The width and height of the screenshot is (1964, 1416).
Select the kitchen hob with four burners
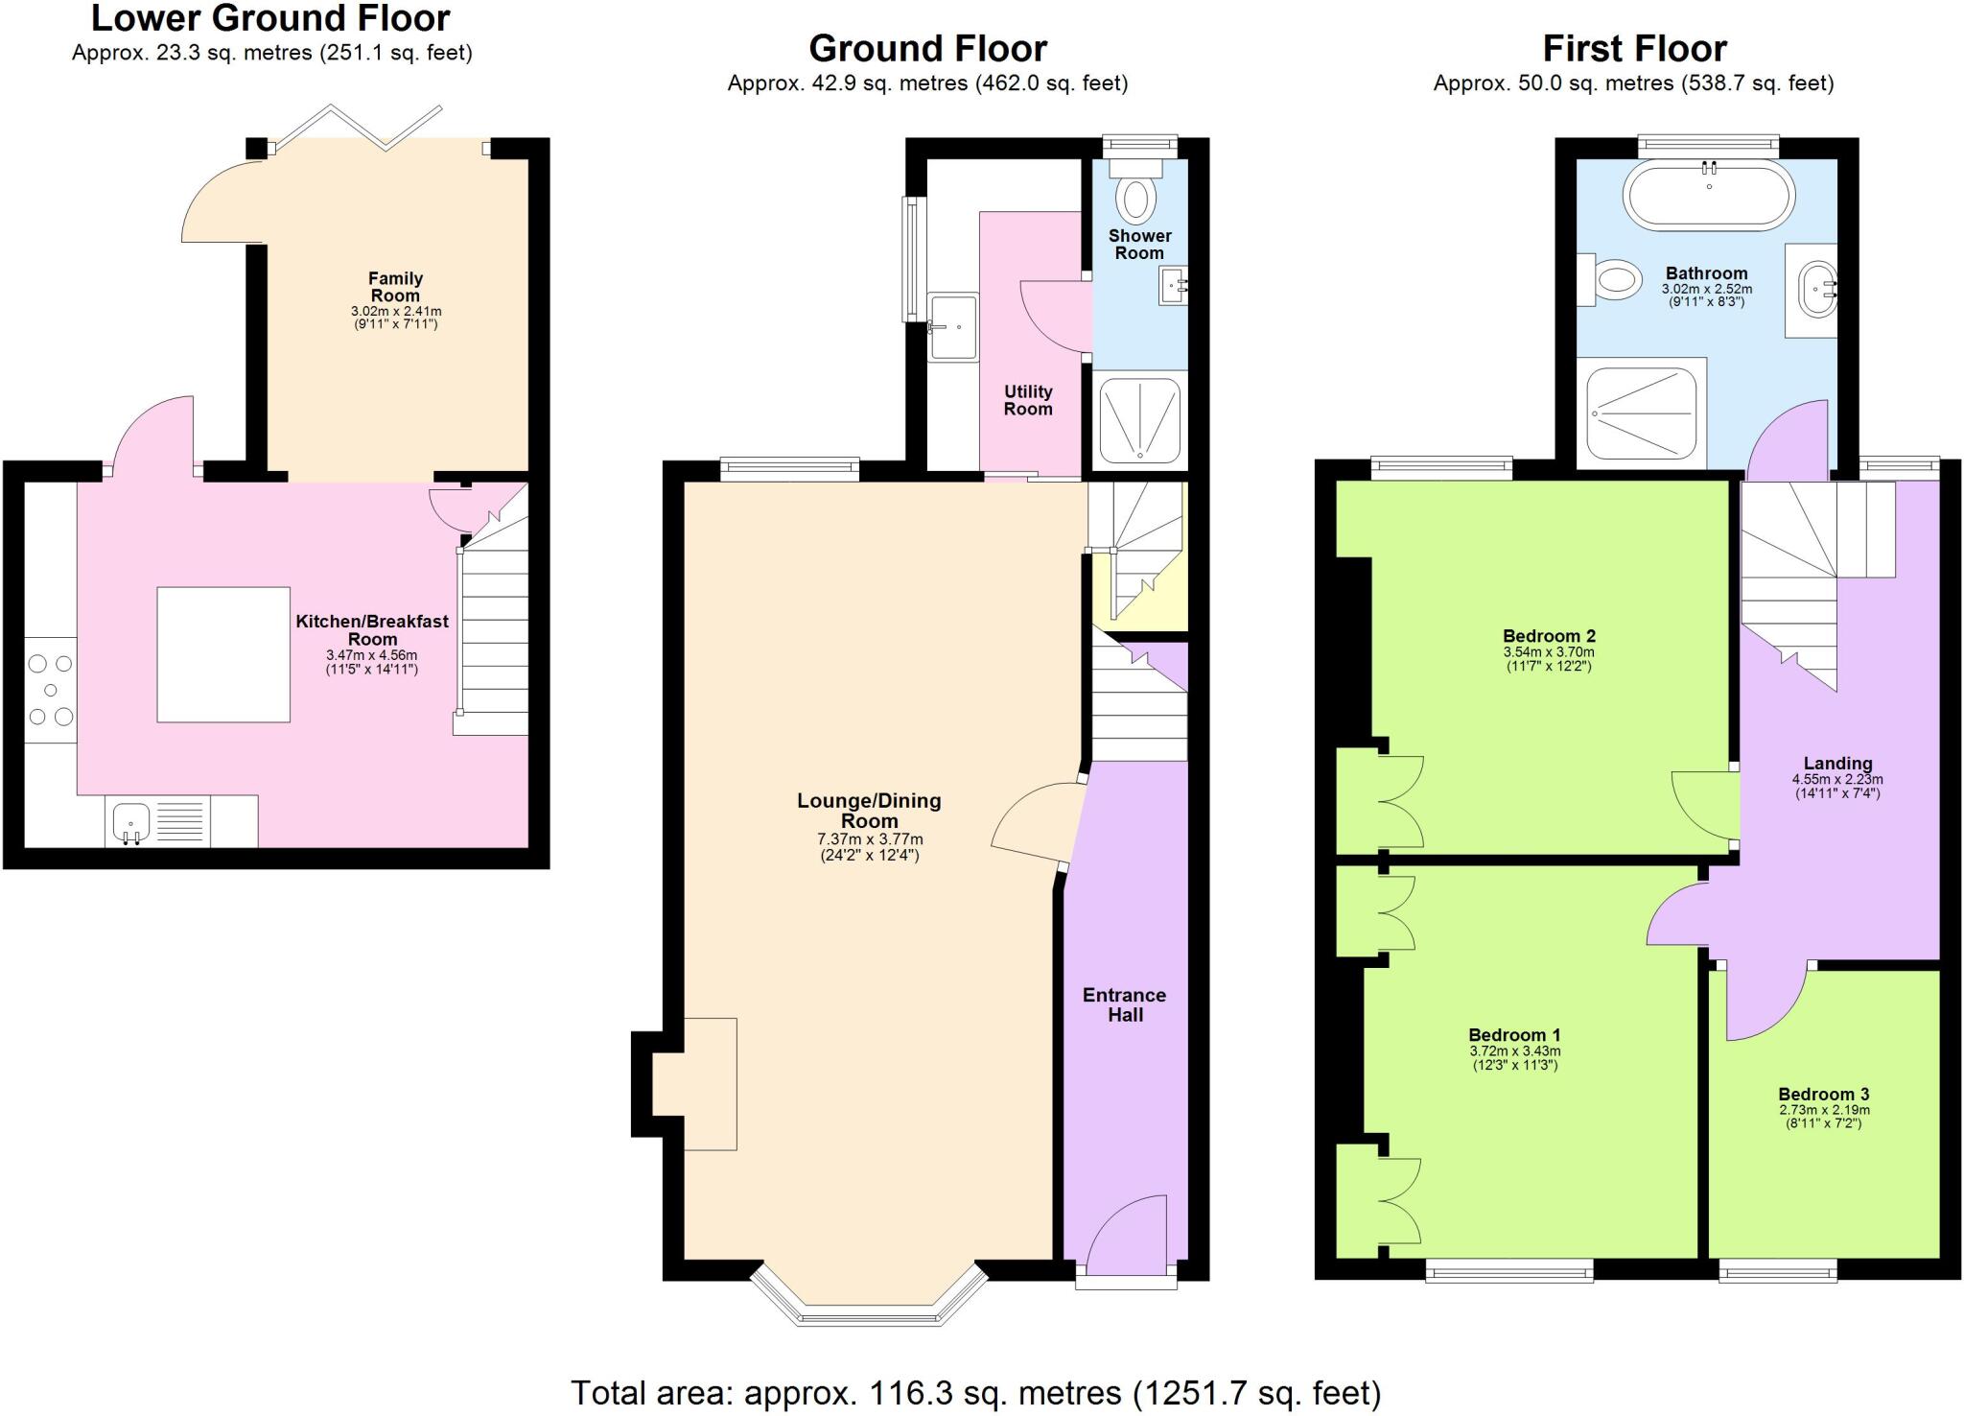tap(51, 690)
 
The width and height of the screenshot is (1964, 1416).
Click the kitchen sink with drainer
tap(158, 822)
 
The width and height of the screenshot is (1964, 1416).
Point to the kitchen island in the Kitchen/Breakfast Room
tap(223, 654)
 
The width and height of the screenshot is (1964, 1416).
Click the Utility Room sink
tap(953, 327)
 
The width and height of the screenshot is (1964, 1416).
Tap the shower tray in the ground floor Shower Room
tap(1139, 419)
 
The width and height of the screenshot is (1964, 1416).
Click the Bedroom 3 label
tap(1823, 1095)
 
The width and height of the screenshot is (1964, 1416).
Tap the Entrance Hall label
tap(1124, 1004)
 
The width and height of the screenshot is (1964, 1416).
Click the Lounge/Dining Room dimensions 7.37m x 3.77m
tap(869, 839)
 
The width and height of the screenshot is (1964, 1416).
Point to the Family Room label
tap(395, 287)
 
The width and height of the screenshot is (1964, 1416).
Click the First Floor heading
tap(1634, 48)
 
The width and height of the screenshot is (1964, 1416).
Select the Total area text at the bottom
tap(975, 1391)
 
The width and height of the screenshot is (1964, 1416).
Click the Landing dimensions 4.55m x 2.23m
tap(1836, 780)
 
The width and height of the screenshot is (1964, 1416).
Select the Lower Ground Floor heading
tap(270, 18)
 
